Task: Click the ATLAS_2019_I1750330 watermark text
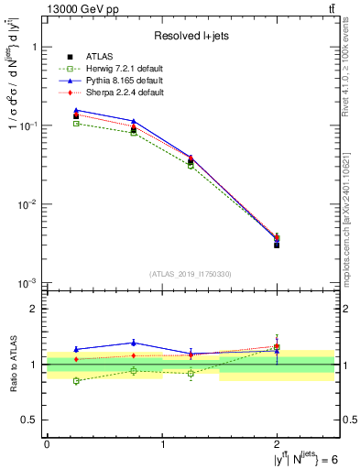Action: point(191,273)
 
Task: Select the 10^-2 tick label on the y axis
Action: point(29,204)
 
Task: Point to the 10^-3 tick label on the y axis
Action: point(29,282)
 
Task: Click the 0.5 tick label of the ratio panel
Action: point(29,420)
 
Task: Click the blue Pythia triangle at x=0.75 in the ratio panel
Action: point(134,343)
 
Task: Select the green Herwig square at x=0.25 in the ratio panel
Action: point(76,381)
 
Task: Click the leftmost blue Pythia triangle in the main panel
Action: point(76,110)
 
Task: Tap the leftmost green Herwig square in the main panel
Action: point(76,123)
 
